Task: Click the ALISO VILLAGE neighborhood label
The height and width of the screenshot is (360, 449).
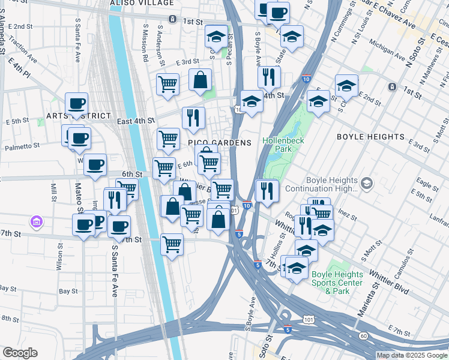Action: (x=140, y=4)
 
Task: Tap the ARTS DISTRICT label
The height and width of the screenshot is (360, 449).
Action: (x=79, y=116)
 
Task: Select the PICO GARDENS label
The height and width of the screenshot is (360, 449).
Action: (x=219, y=143)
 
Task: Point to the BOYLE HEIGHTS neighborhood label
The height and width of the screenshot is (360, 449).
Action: (x=370, y=137)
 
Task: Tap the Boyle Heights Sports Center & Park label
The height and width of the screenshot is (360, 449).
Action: (x=337, y=283)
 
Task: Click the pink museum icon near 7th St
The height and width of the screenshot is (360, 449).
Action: (x=37, y=223)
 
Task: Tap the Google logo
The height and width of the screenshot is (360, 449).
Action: (x=20, y=353)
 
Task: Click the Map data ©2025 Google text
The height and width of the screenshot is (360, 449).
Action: (x=412, y=355)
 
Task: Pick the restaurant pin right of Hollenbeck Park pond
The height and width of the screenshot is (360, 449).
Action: (x=266, y=191)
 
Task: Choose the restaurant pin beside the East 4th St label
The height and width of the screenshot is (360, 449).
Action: (x=193, y=119)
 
